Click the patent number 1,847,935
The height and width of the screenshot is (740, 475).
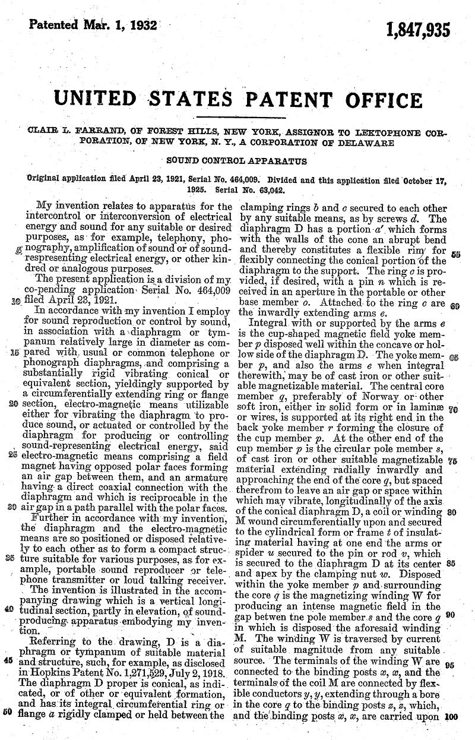pyautogui.click(x=418, y=29)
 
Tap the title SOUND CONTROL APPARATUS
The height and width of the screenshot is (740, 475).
pyautogui.click(x=236, y=160)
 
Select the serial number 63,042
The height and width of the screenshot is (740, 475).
pyautogui.click(x=267, y=191)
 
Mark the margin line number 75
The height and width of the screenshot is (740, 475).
pyautogui.click(x=451, y=460)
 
